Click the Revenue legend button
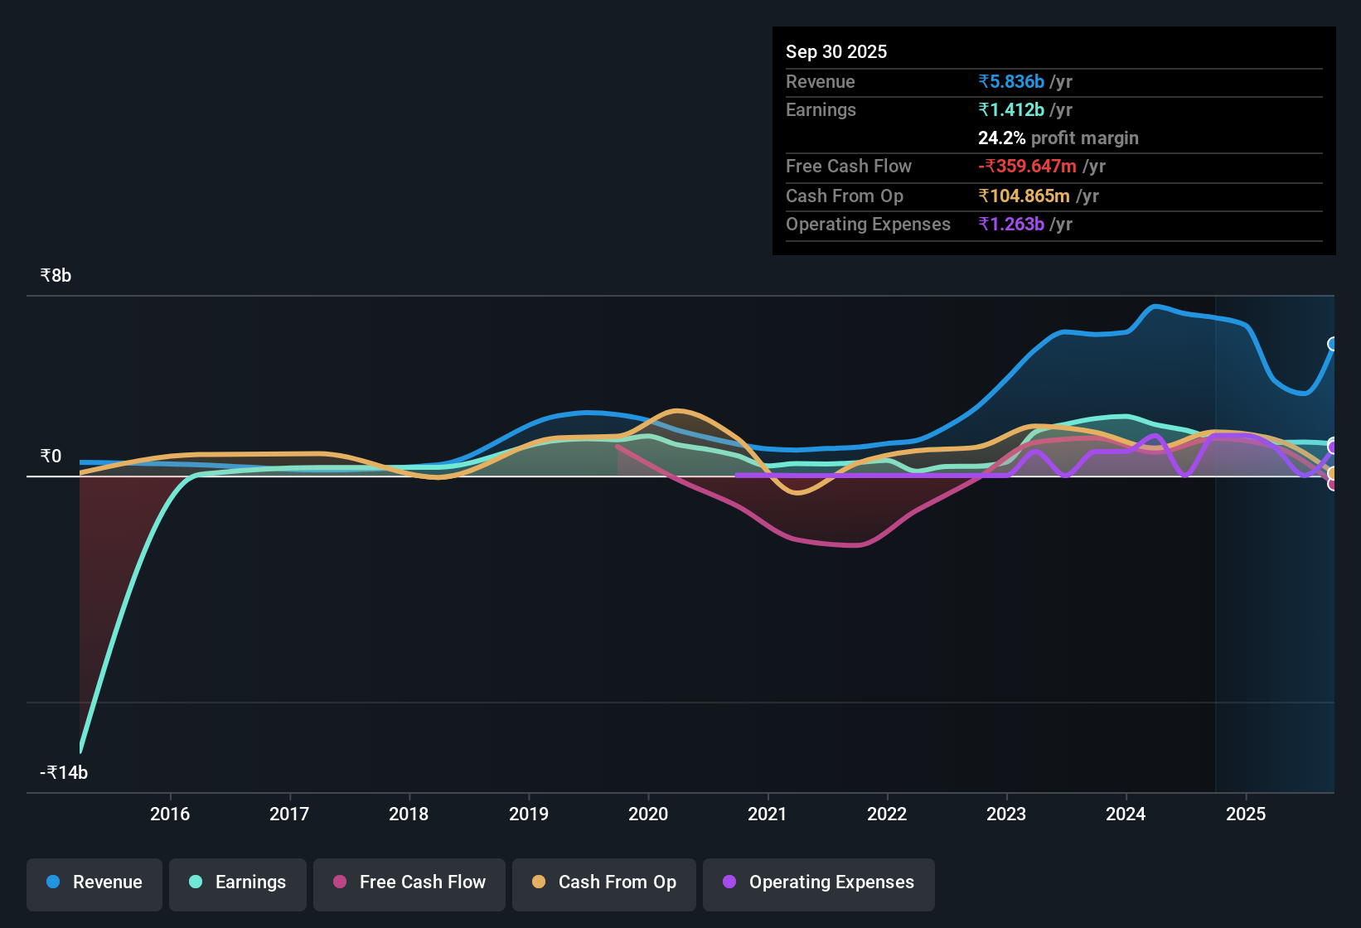coord(94,882)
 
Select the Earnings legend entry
coord(237,882)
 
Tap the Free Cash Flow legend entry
coord(409,882)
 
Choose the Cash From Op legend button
coord(603,882)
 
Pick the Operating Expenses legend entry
coord(818,882)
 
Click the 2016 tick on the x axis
coord(170,814)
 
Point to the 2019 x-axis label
coord(529,814)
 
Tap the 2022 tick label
coord(887,814)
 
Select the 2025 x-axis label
coord(1245,814)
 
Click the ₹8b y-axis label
coord(56,276)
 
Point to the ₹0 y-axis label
coord(51,457)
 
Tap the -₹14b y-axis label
coord(64,773)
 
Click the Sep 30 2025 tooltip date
coord(835,51)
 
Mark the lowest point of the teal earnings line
coord(80,750)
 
